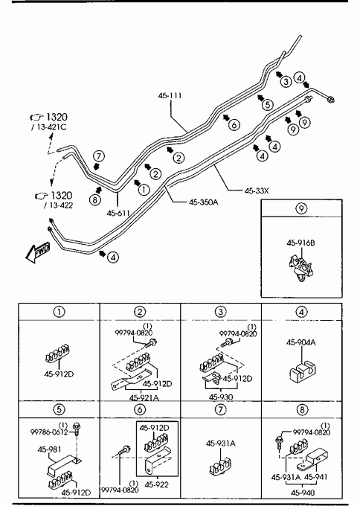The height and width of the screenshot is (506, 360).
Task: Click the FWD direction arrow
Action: tap(37, 252)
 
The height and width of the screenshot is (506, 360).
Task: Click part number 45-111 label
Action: tap(170, 95)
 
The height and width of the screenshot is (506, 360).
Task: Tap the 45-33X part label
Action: tap(257, 190)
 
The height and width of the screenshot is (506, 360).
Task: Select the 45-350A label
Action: tap(204, 202)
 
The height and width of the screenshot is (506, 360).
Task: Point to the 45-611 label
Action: tap(118, 213)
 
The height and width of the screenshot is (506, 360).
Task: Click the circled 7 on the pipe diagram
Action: tap(99, 156)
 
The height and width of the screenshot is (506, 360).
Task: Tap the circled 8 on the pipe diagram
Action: tap(95, 199)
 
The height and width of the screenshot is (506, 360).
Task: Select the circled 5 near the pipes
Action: tap(268, 105)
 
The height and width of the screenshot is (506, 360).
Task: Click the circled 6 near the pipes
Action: tap(234, 124)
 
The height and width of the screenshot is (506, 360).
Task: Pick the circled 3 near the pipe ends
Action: tap(286, 81)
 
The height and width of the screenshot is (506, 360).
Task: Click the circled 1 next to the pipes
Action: tap(144, 190)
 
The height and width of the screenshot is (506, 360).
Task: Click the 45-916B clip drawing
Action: tap(301, 267)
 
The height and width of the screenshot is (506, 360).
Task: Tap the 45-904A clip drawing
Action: tap(302, 371)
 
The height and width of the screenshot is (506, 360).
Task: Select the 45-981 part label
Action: tap(49, 449)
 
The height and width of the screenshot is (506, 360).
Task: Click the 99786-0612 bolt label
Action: tap(49, 432)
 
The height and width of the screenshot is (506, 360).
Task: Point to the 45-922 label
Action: tap(156, 484)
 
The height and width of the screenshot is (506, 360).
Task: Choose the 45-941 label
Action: tap(316, 477)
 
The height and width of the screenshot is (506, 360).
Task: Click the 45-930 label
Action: tap(221, 397)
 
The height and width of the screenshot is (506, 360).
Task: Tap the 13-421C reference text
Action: tap(51, 126)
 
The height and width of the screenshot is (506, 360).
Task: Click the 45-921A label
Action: tap(144, 397)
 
